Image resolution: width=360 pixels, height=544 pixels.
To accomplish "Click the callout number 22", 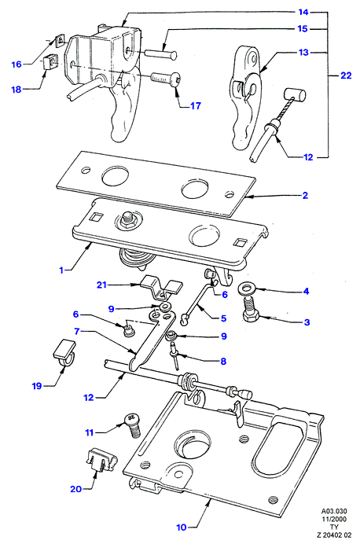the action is point(346,75).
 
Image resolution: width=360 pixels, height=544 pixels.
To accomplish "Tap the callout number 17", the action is point(195,105).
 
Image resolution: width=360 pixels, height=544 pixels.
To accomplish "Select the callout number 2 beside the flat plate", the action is point(305,195).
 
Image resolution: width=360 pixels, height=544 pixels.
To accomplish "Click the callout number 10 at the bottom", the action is point(182,527).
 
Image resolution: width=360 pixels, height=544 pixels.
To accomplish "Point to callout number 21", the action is point(101,285).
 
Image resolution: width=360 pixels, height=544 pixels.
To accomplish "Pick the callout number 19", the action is point(37,386).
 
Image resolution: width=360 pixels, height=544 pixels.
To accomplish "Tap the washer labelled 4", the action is point(245,288).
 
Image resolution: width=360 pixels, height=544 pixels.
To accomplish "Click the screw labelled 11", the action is point(133,425).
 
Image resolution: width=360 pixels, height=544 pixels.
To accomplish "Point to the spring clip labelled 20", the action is point(101,460).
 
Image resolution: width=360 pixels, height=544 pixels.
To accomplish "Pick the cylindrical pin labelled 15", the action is point(161,54).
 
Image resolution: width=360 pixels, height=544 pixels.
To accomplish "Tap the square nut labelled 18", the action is point(49,63).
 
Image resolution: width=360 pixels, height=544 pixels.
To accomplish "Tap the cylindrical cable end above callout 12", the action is point(296,94).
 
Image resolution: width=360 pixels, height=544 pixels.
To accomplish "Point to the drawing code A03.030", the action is point(334,512).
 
